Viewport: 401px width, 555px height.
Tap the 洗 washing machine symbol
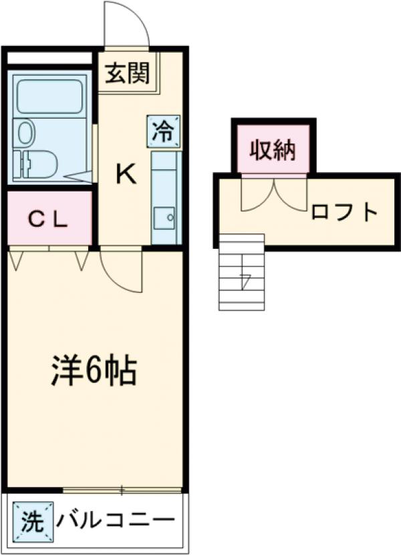(31, 519)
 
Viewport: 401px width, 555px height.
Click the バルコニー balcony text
(115, 519)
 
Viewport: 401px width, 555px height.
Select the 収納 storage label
(273, 149)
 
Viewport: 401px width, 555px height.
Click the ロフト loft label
(344, 213)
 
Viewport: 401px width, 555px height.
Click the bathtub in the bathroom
(49, 96)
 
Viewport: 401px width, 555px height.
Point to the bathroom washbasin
(25, 131)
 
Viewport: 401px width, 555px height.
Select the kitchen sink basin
(164, 217)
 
